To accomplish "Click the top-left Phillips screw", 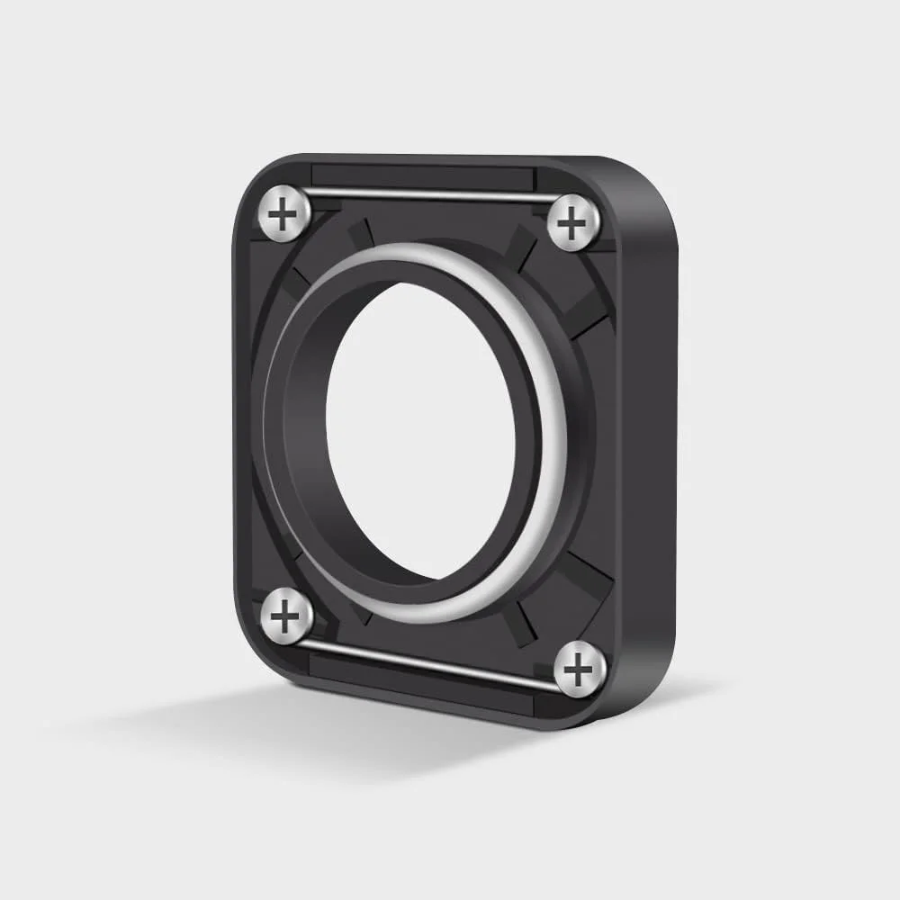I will click(x=285, y=213).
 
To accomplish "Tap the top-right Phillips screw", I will click(x=573, y=222).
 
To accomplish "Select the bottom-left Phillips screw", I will click(x=286, y=616).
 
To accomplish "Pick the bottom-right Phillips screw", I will click(x=579, y=669).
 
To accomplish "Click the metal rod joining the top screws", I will click(x=427, y=193).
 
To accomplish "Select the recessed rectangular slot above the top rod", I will click(x=423, y=176).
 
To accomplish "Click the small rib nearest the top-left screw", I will click(x=360, y=233).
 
